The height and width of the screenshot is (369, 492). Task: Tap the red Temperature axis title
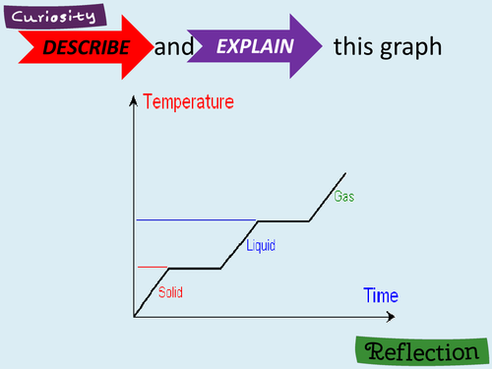point(189,100)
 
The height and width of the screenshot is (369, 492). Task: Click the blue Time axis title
point(381,295)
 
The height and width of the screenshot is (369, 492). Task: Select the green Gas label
point(343,197)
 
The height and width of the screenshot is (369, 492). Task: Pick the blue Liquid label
point(261,245)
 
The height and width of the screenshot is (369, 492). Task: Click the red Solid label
point(170,292)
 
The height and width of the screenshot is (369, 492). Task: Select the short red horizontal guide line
point(153,267)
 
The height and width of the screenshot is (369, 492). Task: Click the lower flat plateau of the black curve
point(195,268)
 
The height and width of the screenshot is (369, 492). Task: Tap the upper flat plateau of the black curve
point(282,220)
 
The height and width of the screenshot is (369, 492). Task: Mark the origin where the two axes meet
point(133,316)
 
